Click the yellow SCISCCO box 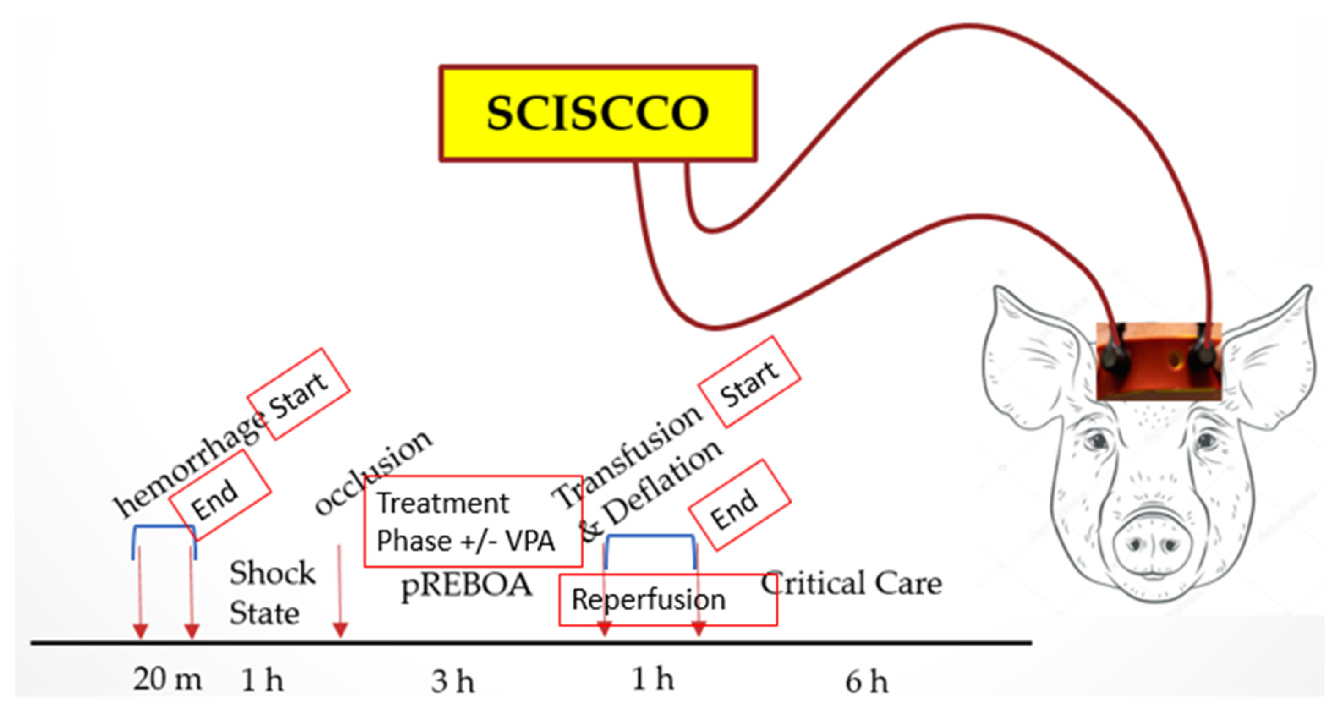coord(598,113)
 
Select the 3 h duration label coord(453,681)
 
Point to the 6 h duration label coord(866,681)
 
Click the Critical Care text coord(851,584)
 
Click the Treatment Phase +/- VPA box coord(473,521)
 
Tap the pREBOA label coord(466,586)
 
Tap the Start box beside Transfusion coord(749,382)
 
